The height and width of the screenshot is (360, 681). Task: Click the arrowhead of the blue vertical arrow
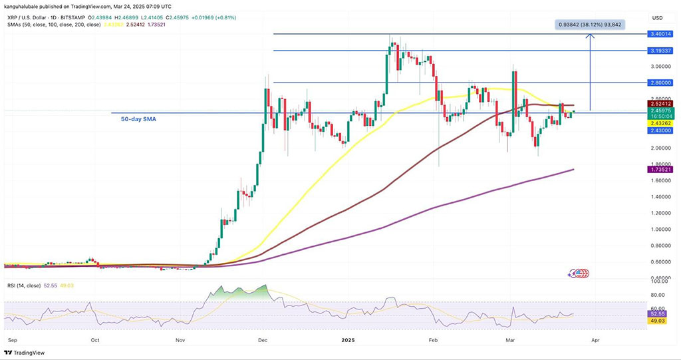coord(590,37)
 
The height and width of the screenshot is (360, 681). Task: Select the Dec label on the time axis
coord(263,339)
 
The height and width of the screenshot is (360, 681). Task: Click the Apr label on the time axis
coord(595,339)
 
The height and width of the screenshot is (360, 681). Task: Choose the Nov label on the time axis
coord(180,339)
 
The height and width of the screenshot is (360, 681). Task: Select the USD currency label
coord(657,18)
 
